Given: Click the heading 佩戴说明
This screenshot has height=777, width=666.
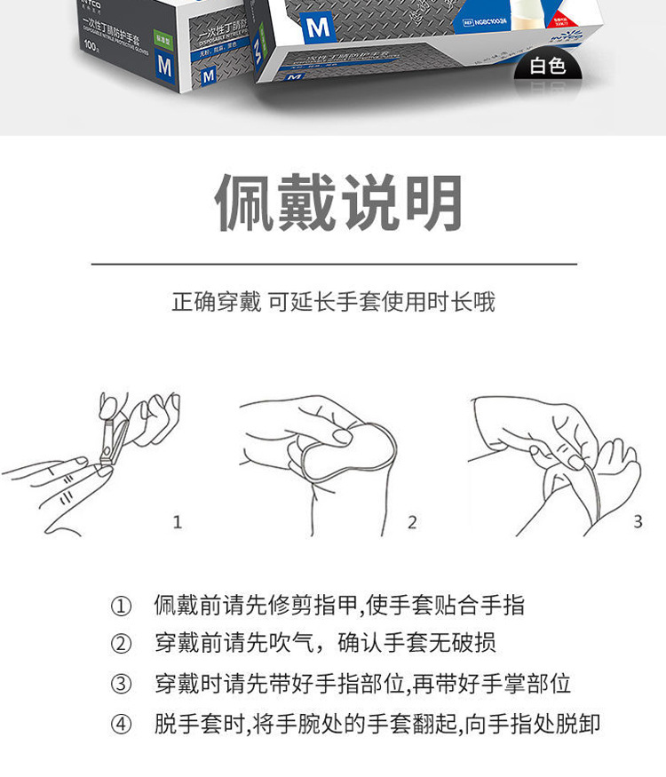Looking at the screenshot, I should (x=339, y=203).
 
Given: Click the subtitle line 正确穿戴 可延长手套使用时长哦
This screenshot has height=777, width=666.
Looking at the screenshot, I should (x=333, y=302).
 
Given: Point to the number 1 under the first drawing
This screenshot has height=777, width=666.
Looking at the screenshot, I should (x=177, y=522).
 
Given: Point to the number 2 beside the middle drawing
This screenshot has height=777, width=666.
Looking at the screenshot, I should (x=412, y=522).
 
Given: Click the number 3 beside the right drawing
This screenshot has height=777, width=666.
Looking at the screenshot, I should (x=638, y=522).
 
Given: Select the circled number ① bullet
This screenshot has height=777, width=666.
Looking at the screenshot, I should (x=120, y=607).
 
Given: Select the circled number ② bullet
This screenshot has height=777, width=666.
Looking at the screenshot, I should (x=120, y=645).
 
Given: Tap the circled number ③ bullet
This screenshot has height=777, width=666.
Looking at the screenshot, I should (x=120, y=685).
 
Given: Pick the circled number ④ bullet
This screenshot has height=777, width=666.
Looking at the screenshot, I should (x=120, y=724).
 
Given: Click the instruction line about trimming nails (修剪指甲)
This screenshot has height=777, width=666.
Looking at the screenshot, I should (x=339, y=607).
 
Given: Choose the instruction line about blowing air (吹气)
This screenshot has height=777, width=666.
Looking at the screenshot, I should (x=325, y=645).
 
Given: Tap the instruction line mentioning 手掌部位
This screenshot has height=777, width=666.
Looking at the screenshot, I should (x=362, y=685).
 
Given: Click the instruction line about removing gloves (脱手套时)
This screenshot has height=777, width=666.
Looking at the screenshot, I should (x=377, y=724).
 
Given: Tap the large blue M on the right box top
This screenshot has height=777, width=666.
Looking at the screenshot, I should (x=318, y=27).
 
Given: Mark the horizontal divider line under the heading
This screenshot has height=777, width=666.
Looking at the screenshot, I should (x=334, y=264).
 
